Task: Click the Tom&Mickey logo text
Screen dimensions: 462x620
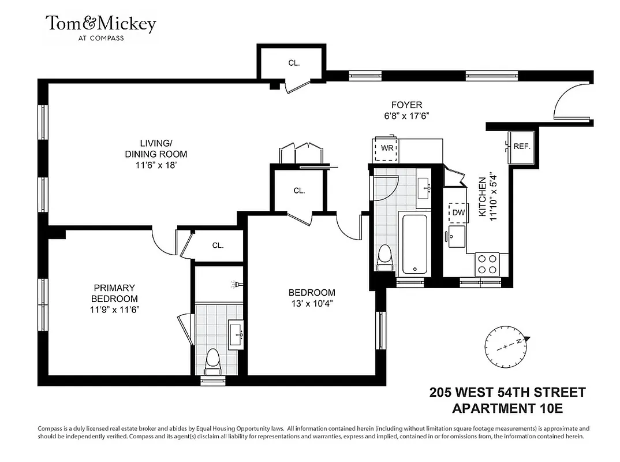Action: [x=101, y=24]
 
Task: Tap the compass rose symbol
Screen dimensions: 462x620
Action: [x=506, y=347]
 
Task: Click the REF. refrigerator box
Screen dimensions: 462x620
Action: [x=521, y=147]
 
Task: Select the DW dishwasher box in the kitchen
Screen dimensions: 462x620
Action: [x=458, y=213]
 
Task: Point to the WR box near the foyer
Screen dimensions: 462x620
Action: [x=387, y=148]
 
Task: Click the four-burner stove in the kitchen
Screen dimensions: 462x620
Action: [x=487, y=264]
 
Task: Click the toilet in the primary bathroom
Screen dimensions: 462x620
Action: [x=212, y=362]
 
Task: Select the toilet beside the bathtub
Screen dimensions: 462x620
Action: [x=384, y=258]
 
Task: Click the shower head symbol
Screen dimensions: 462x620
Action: [x=235, y=284]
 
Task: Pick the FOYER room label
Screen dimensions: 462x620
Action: [x=406, y=105]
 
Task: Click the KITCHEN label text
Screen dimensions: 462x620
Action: [x=483, y=198]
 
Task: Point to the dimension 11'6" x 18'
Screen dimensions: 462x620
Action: [x=155, y=165]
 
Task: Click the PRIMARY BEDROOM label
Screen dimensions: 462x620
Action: [x=114, y=293]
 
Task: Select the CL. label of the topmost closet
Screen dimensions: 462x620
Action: [x=294, y=63]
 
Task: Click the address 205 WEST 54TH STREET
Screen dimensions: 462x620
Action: [x=507, y=393]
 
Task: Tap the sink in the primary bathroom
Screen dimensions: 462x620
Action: [x=235, y=333]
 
